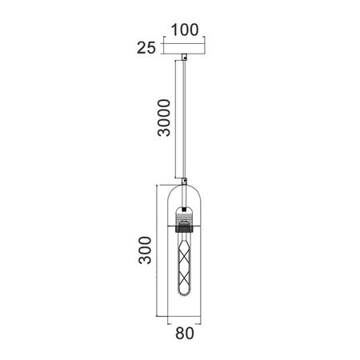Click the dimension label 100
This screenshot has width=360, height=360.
[x=185, y=30]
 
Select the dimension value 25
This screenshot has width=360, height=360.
[x=146, y=48]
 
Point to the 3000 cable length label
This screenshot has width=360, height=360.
[x=164, y=118]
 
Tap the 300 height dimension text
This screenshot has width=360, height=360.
[x=145, y=250]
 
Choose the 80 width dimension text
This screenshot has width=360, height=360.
[x=185, y=333]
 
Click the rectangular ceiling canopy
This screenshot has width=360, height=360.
[x=184, y=48]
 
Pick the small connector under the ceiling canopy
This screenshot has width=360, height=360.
[x=184, y=57]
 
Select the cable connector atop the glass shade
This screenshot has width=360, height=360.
[x=184, y=182]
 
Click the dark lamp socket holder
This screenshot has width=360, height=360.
[x=184, y=228]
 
